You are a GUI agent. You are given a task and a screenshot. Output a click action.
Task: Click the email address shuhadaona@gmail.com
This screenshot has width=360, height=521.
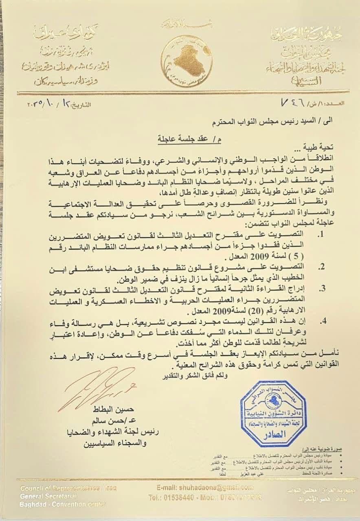pos(205,488)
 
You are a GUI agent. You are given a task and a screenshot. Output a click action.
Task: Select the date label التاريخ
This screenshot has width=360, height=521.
pos(81,105)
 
